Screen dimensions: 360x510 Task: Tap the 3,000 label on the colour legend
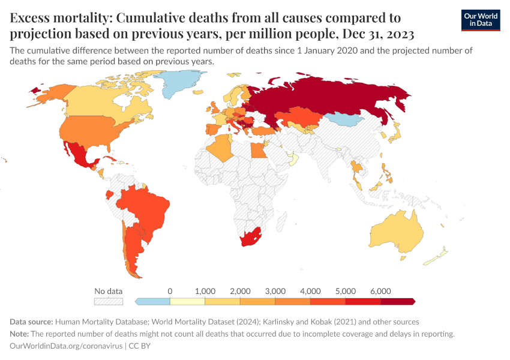tap(275, 291)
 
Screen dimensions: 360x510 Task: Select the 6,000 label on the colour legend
tap(380, 291)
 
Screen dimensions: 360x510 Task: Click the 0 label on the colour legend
tap(170, 291)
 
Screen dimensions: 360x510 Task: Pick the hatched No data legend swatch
tap(109, 301)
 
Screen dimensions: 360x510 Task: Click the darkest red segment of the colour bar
tap(398, 301)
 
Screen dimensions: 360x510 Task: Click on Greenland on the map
tap(180, 84)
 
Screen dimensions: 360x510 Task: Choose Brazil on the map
tap(144, 207)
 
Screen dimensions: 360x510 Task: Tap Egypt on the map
tap(257, 149)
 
